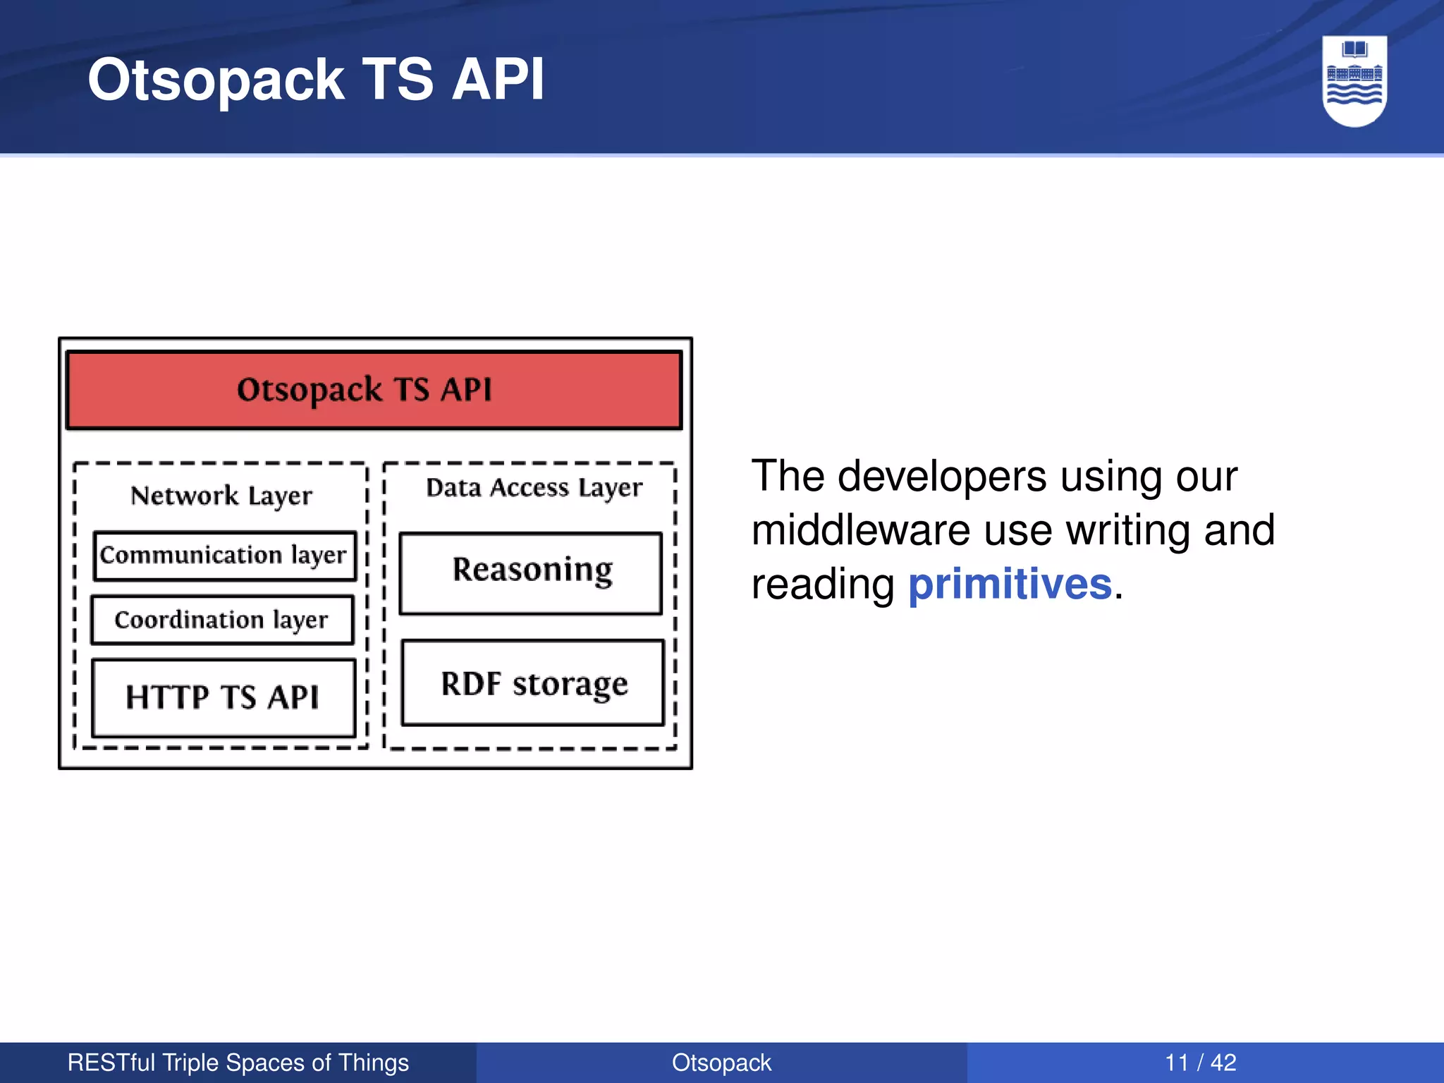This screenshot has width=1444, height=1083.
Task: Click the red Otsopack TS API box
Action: click(x=374, y=390)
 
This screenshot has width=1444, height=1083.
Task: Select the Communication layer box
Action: click(x=224, y=556)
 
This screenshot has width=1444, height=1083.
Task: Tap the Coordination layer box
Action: click(x=221, y=620)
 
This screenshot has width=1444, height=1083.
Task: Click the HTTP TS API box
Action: click(x=223, y=697)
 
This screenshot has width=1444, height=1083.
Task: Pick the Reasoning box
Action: click(x=531, y=573)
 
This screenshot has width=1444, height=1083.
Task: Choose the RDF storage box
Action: click(x=533, y=683)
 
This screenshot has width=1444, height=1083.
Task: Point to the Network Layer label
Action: click(x=221, y=496)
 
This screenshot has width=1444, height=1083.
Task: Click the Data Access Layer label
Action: click(x=534, y=488)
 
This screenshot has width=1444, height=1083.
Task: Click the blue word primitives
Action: click(x=1009, y=585)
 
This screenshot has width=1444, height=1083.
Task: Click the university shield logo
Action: click(x=1354, y=82)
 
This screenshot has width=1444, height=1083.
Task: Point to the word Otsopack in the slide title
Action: click(x=216, y=80)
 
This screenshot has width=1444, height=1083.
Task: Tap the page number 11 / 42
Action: click(x=1200, y=1063)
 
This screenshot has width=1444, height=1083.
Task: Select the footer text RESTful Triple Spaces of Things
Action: click(x=238, y=1063)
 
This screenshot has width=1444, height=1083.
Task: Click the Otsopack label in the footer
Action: click(x=721, y=1063)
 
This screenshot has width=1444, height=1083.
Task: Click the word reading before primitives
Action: click(x=822, y=585)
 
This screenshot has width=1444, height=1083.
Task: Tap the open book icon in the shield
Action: click(x=1354, y=49)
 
